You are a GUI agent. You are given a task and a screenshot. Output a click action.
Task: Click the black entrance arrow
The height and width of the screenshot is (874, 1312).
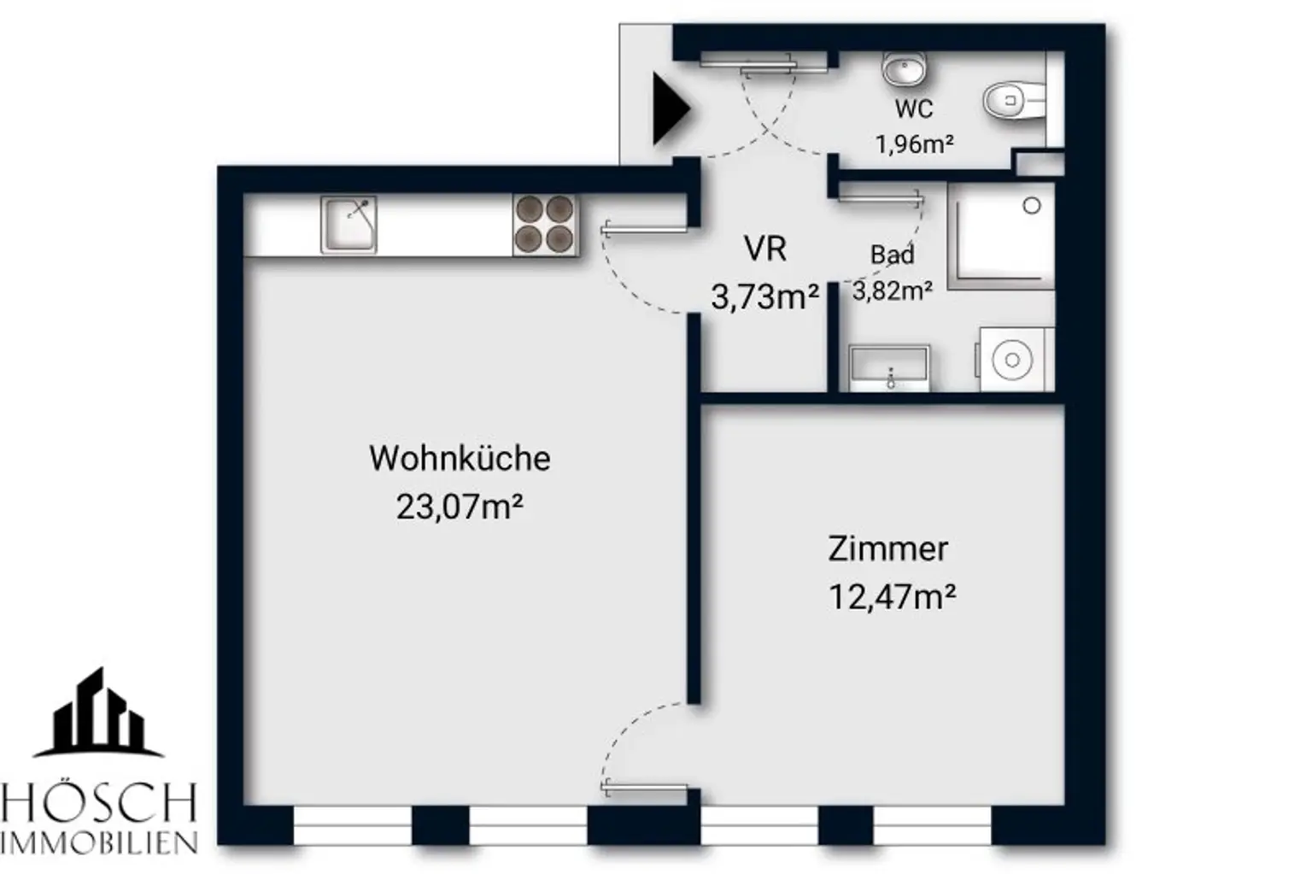[670, 109]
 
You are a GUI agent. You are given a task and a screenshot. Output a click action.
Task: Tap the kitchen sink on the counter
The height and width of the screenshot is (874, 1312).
[348, 225]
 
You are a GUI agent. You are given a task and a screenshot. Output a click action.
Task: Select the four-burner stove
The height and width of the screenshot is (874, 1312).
[544, 225]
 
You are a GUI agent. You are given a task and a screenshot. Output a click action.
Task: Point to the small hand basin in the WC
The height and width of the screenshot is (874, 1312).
[904, 67]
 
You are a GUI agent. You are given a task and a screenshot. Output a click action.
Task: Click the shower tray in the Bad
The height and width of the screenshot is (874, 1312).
[1000, 235]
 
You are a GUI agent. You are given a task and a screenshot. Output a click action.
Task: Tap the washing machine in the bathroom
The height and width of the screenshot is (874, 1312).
[1013, 360]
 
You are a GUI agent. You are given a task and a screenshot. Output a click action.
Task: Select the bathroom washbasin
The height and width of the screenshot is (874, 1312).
[889, 368]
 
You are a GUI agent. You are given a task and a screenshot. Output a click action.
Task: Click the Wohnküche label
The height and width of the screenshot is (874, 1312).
[460, 459]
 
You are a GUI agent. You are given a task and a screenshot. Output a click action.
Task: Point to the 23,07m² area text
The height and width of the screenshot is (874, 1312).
[460, 507]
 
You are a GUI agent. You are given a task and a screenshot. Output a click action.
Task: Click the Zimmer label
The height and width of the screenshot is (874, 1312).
[887, 548]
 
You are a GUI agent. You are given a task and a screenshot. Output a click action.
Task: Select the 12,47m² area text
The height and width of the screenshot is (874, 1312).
[892, 596]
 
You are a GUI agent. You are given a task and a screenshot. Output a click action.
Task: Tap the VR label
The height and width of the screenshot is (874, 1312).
[764, 249]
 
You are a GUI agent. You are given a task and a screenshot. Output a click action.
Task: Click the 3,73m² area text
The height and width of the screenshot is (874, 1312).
[764, 297]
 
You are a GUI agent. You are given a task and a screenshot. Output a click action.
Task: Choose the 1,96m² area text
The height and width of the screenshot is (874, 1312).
[914, 144]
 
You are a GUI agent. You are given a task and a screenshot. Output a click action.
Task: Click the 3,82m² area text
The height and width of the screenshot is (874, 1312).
[892, 291]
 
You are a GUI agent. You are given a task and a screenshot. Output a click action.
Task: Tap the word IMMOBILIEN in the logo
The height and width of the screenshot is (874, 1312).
[99, 843]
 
